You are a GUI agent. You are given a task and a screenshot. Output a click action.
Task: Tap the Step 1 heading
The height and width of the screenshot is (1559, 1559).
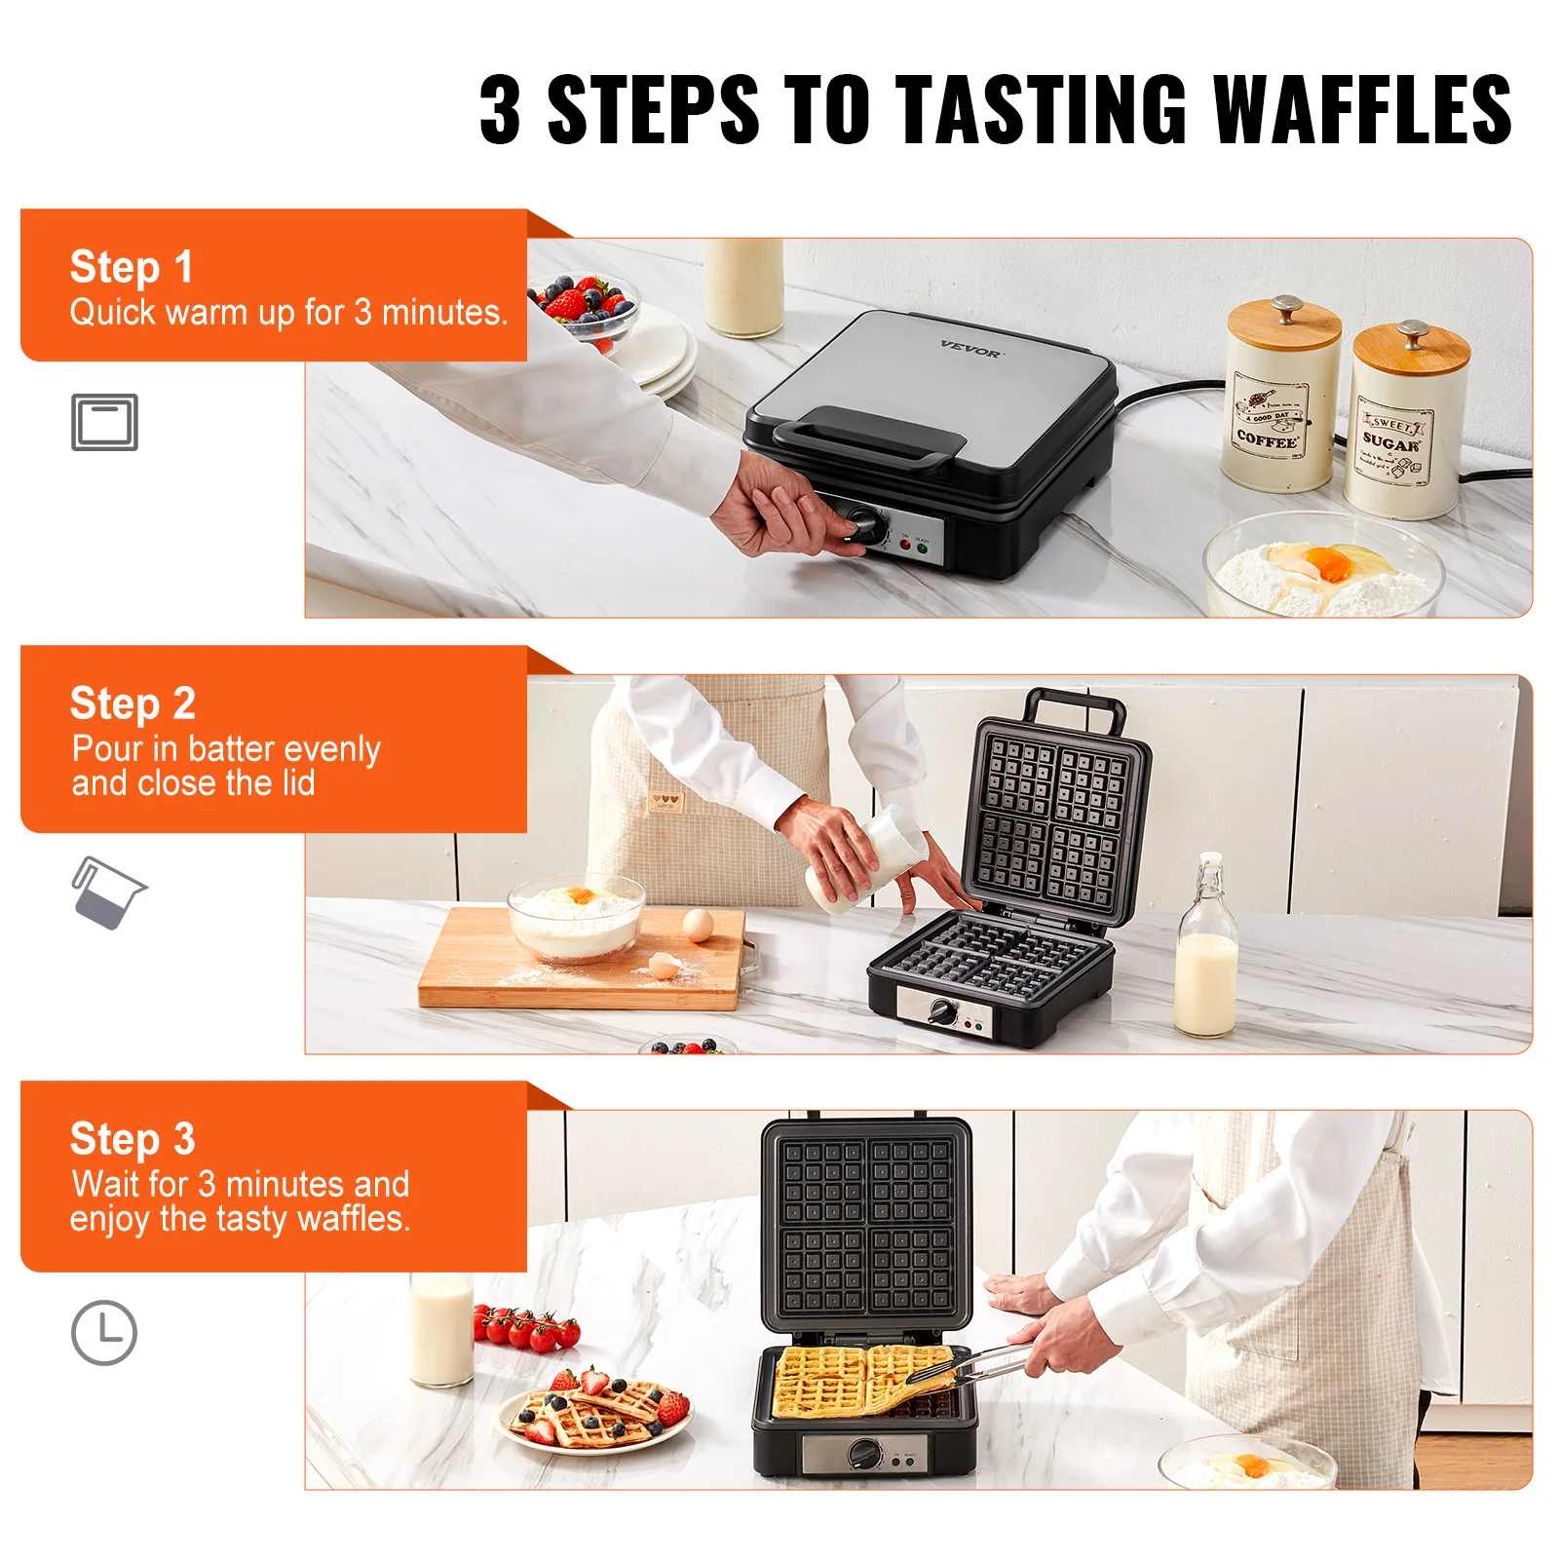[x=132, y=267]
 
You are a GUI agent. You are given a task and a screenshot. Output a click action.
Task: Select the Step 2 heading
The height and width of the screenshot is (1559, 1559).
[x=133, y=703]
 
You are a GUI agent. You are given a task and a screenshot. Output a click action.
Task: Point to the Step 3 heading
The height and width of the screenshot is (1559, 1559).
[x=133, y=1139]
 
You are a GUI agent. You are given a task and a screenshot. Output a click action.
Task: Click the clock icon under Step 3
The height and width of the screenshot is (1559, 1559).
[x=104, y=1332]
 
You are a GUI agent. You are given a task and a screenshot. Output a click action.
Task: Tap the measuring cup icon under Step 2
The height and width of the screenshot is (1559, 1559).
[x=106, y=893]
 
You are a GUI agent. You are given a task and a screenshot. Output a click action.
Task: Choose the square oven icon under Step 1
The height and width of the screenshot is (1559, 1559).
[x=104, y=422]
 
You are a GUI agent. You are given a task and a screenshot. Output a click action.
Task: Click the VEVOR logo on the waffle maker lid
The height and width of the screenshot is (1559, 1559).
[x=970, y=349]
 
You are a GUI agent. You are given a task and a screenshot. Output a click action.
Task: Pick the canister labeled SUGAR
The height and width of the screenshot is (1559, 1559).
[x=1403, y=424]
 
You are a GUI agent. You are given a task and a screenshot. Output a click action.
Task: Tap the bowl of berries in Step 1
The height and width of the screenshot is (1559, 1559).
[x=583, y=307]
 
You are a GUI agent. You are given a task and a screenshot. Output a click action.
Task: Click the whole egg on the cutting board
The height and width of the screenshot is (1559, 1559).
[x=698, y=924]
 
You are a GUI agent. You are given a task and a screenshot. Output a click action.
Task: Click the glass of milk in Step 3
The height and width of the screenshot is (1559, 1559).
[x=440, y=1330]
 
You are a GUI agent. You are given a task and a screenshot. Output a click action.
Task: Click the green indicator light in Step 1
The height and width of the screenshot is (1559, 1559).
[x=922, y=550]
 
